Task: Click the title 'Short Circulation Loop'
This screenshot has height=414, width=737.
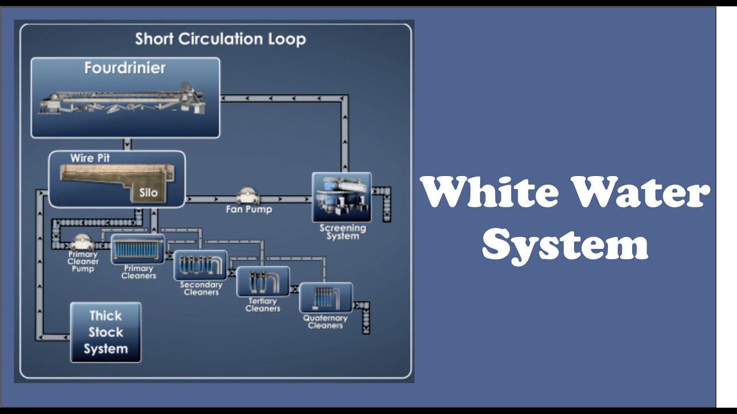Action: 220,39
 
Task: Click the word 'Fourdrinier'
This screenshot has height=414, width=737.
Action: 125,68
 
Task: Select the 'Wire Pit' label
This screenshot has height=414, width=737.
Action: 90,158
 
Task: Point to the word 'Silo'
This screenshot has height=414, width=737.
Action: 148,193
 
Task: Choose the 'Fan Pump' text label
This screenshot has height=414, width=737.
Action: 249,210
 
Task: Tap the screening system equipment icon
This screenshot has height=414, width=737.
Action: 341,197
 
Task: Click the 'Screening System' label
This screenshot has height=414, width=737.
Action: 343,232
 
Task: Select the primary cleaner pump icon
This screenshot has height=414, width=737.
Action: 82,241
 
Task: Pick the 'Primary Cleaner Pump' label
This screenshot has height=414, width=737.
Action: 83,262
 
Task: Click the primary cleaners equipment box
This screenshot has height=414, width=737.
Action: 138,248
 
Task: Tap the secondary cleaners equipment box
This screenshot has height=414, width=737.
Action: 200,265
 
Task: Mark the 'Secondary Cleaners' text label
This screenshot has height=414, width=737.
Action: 201,289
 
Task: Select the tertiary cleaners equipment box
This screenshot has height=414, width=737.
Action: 263,281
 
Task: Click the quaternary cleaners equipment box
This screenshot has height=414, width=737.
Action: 326,297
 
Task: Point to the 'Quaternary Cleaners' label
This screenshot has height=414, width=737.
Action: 325,322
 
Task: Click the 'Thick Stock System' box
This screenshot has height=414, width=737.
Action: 106,332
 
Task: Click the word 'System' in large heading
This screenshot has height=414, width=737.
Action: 565,244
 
